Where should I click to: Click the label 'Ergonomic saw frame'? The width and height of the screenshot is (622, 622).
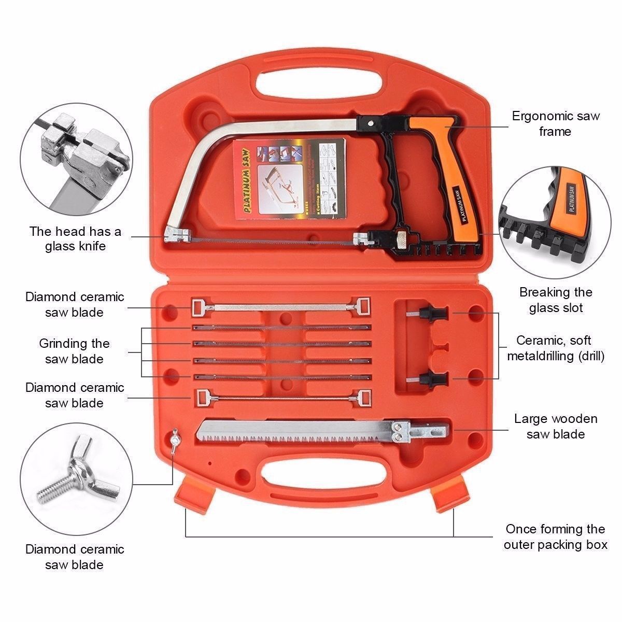pos(555,123)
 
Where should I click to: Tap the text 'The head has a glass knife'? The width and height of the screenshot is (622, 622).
pos(75,238)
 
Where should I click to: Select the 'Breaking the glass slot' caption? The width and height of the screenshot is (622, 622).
pos(556,300)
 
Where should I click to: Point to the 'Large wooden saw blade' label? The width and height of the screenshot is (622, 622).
pos(556,426)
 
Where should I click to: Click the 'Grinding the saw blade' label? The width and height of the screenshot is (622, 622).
pos(74,351)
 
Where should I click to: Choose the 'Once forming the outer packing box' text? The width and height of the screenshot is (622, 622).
pos(555,536)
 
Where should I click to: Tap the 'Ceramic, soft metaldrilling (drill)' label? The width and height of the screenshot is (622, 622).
pos(556,348)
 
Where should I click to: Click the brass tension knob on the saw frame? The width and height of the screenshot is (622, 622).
pos(403,240)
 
